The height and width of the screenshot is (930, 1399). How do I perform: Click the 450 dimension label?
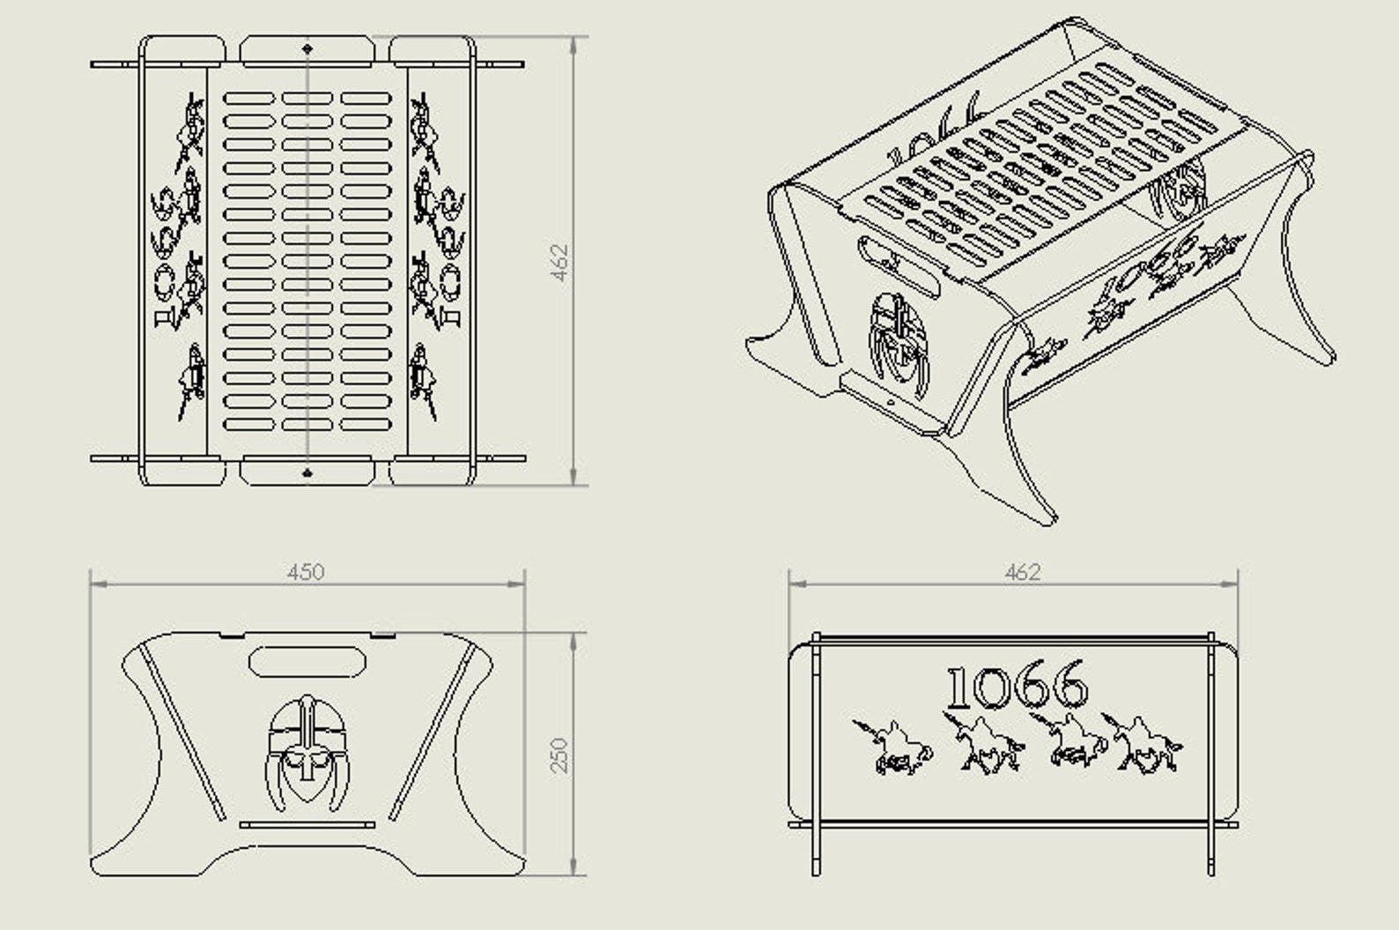(x=305, y=572)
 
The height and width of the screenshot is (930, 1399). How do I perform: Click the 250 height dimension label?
(x=560, y=755)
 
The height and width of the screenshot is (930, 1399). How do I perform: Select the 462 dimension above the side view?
(x=1022, y=572)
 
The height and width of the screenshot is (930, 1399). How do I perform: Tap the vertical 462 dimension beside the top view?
(x=560, y=262)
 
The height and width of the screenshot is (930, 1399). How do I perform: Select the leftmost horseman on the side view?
(x=890, y=747)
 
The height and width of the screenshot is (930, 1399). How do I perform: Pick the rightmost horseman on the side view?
(x=1145, y=746)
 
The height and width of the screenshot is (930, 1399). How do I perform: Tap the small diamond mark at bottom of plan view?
(x=307, y=473)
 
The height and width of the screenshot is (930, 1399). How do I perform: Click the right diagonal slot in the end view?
(x=432, y=732)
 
